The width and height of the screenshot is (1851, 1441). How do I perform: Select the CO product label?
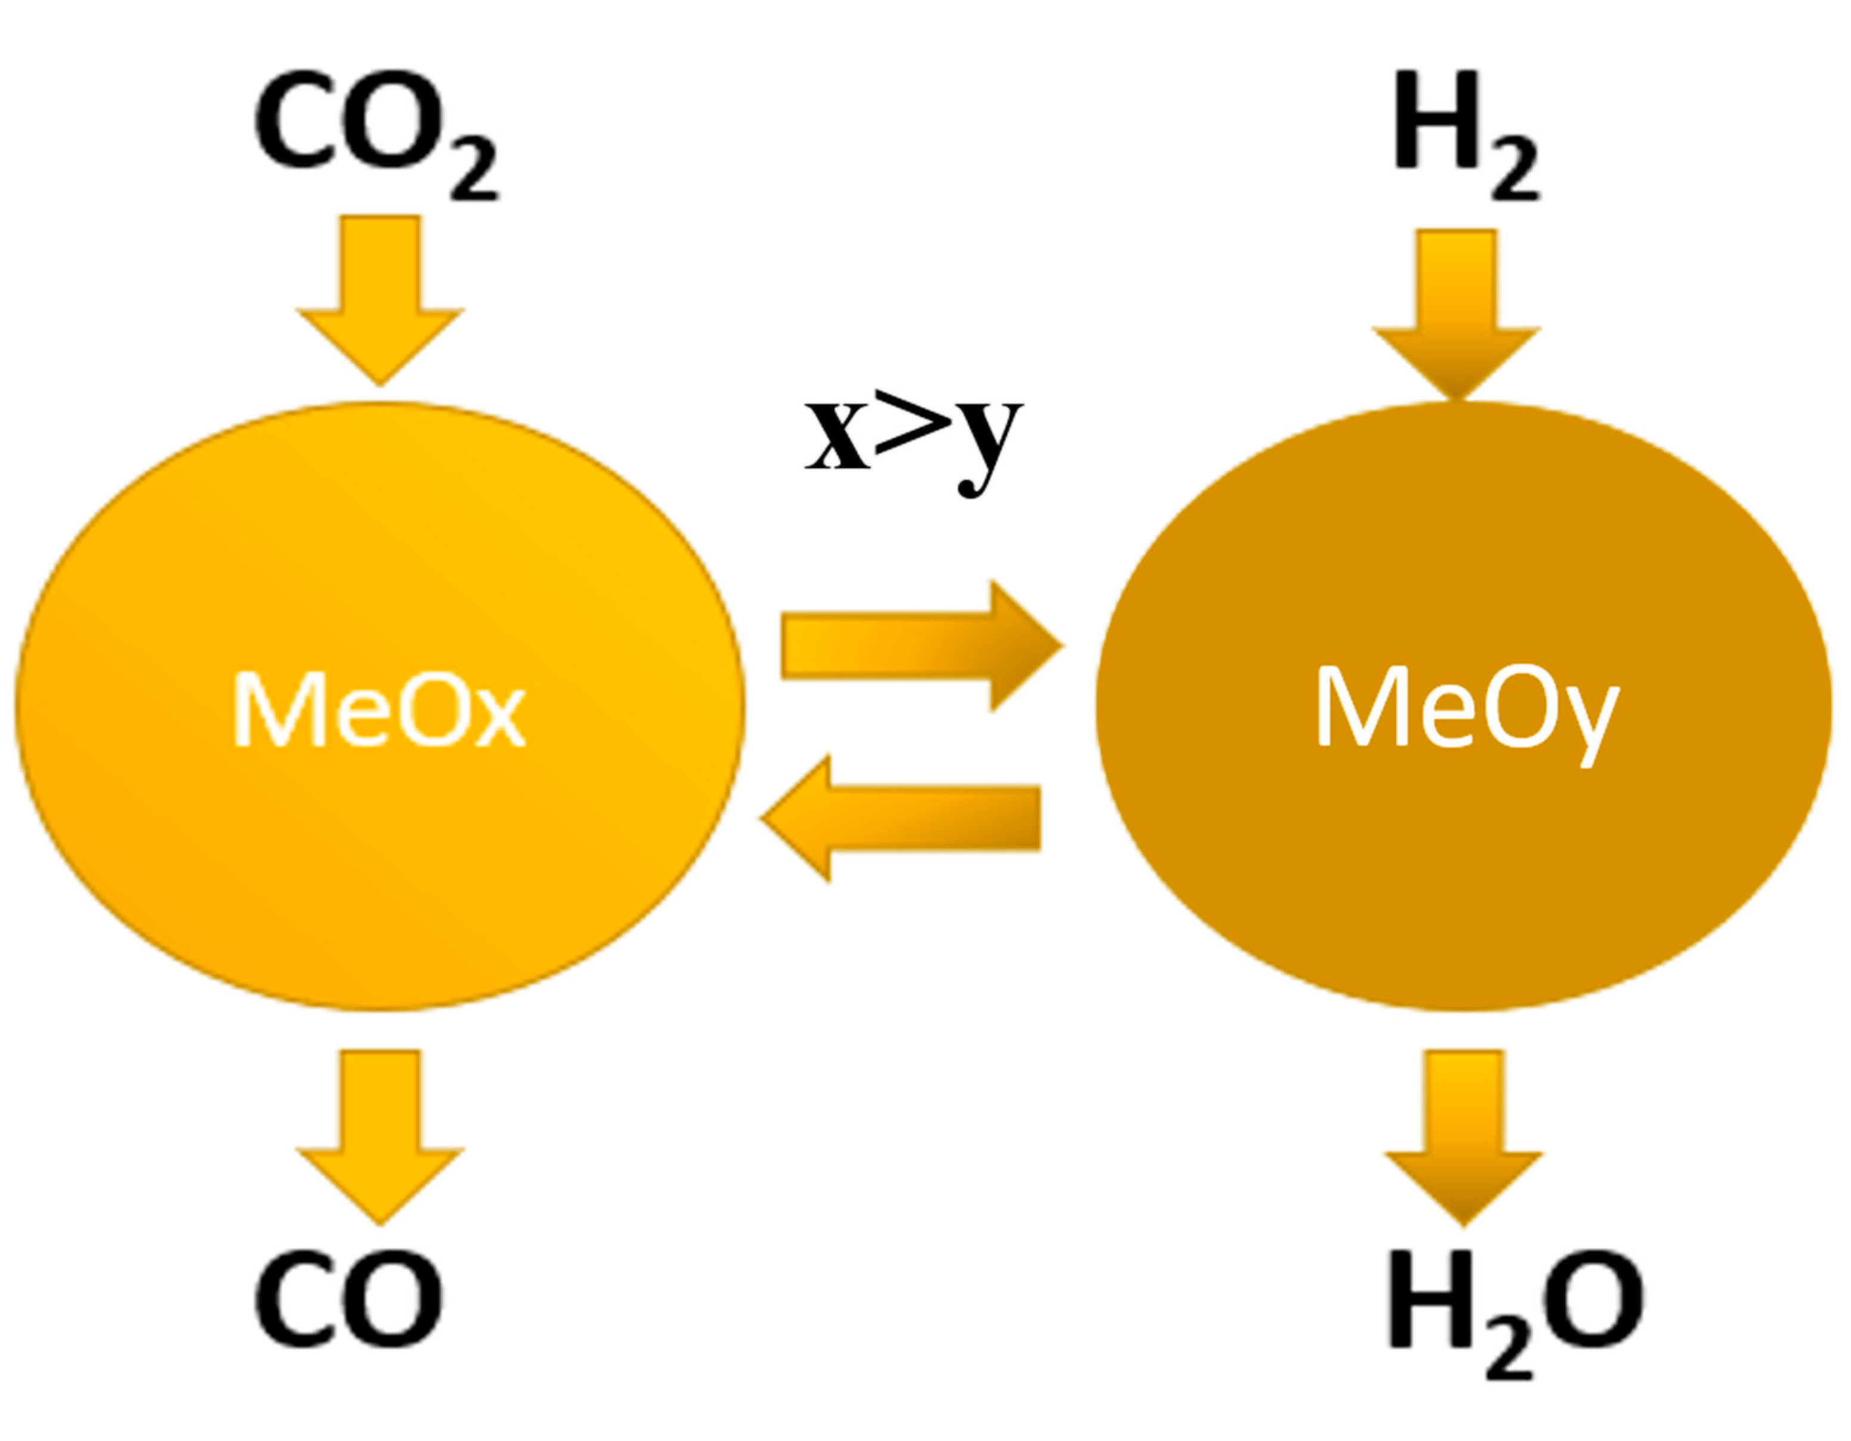[349, 1300]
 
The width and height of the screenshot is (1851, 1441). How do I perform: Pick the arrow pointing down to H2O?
[1463, 1135]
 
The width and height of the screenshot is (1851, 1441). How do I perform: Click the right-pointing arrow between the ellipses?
[920, 646]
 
